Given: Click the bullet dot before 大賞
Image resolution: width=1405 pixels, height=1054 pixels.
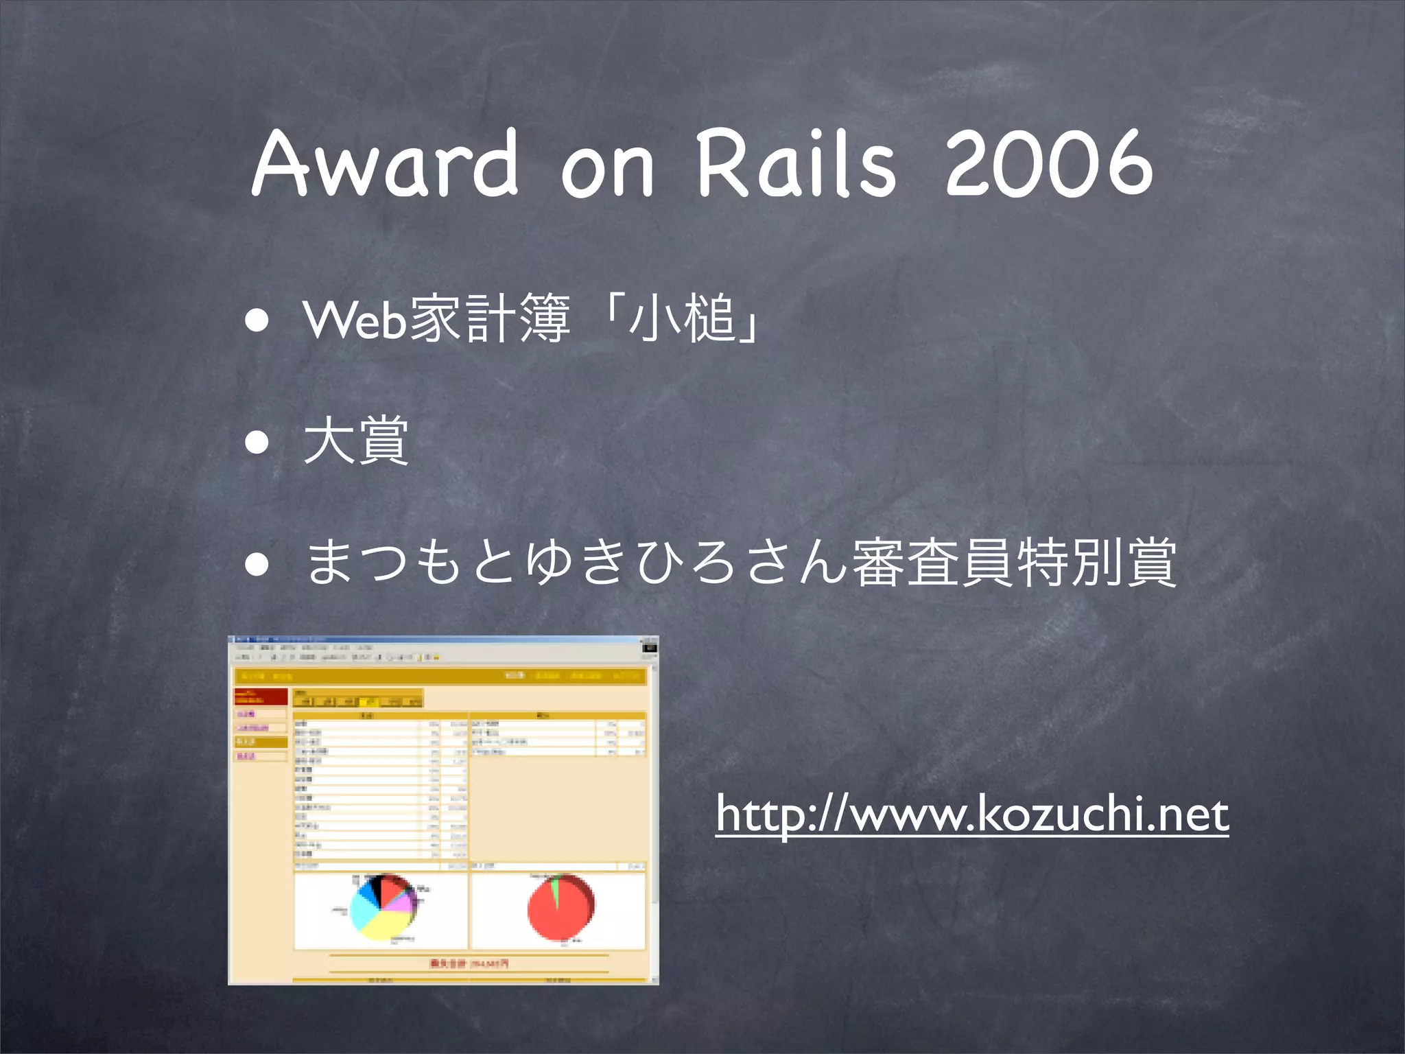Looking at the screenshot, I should coord(258,443).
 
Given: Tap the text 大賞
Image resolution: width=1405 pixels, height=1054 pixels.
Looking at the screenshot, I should coord(356,441).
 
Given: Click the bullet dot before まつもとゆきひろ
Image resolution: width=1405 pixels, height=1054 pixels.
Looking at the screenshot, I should coord(258,564).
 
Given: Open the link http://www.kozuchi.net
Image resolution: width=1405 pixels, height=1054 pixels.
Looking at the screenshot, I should coord(971,814).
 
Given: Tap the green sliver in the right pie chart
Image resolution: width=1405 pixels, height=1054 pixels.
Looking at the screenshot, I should coord(555,889).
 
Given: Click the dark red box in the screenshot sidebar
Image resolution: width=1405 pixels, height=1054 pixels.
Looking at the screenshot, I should coord(261,697).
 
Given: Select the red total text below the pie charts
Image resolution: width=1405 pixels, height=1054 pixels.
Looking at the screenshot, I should coord(469,963).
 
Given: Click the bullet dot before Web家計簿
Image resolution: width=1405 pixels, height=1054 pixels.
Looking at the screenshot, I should coord(258,320).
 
